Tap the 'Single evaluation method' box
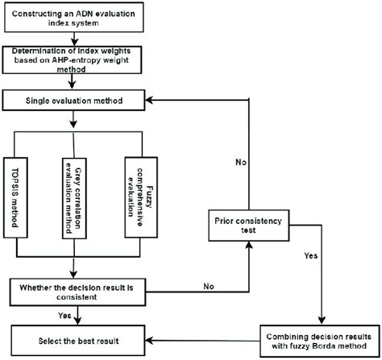coord(75,101)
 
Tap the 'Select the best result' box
coord(75,333)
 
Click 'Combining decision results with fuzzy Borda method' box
coord(320,338)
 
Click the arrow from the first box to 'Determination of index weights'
coord(73,39)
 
